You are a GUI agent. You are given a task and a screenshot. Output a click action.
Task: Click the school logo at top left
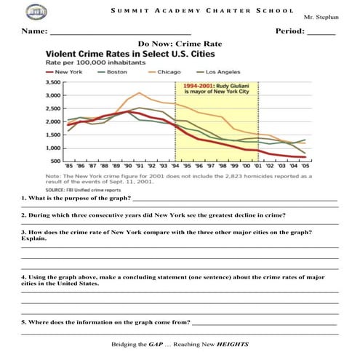pyautogui.click(x=33, y=12)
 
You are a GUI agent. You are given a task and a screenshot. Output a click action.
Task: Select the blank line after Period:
pyautogui.click(x=321, y=34)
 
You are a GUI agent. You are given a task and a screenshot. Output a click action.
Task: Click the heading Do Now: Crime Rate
pyautogui.click(x=180, y=44)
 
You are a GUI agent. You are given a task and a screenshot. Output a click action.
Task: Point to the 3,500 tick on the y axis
pyautogui.click(x=54, y=84)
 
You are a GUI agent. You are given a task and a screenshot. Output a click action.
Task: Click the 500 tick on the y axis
pyautogui.click(x=56, y=161)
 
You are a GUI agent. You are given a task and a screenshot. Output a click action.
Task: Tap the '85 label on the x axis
pyautogui.click(x=69, y=167)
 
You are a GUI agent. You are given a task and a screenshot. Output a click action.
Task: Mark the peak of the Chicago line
pyautogui.click(x=139, y=93)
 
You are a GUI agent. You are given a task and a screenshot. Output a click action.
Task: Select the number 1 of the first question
pyautogui.click(x=23, y=199)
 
